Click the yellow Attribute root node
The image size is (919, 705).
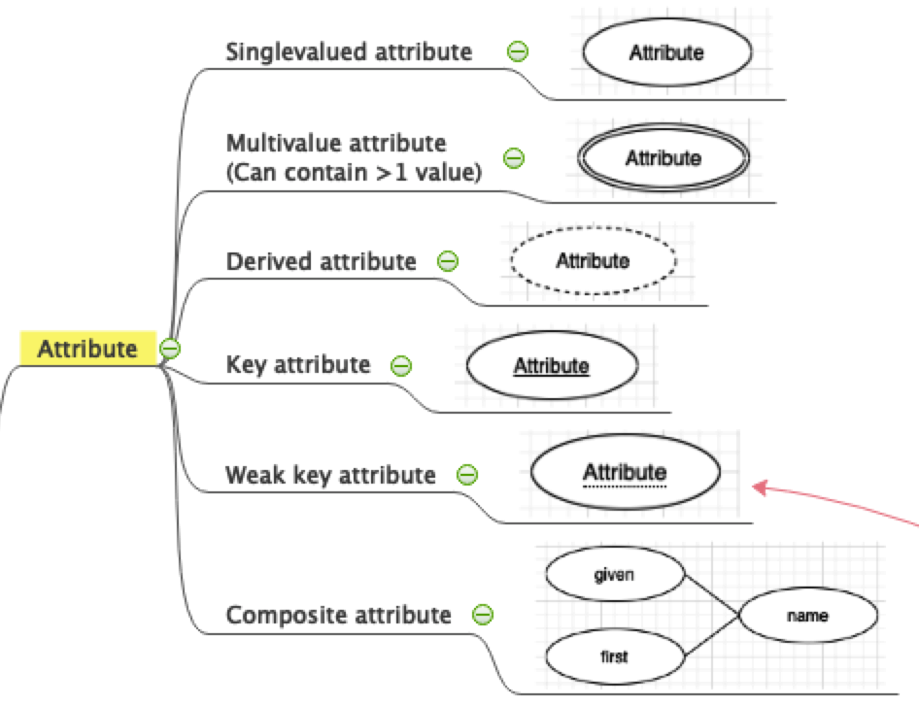coord(87,349)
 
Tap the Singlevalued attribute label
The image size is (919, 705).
coord(349,51)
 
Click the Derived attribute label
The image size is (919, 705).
coord(321,261)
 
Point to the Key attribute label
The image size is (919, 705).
coord(297,365)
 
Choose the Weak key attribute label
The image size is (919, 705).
coord(330,475)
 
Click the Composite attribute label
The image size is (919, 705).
coord(338,615)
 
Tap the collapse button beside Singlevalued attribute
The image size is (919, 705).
coord(518,51)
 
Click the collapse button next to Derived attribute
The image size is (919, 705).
coord(448,261)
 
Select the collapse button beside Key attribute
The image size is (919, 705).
coord(401,366)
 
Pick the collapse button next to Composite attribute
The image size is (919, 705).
coord(482,615)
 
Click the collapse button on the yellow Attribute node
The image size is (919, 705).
coord(170,349)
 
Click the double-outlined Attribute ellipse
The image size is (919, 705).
coord(663,157)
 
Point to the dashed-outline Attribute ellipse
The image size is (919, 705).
coord(593,260)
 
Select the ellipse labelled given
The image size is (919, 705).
coord(613,574)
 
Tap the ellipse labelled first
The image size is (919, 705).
coord(613,656)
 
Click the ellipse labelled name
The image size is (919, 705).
coord(807,615)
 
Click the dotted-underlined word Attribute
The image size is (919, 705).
coord(625,473)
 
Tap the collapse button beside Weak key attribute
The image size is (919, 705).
coord(467,475)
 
